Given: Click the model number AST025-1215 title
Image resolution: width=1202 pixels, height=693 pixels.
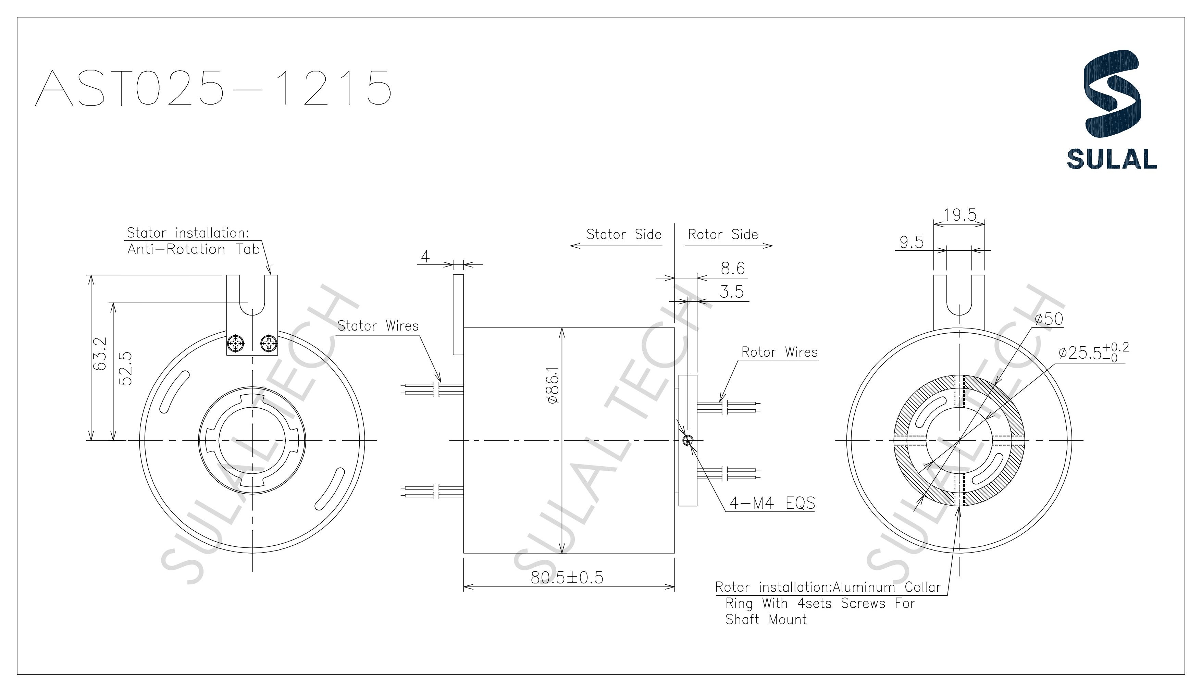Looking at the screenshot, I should click(x=213, y=88).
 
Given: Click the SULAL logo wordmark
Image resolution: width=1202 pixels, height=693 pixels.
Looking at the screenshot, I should click(x=1112, y=159).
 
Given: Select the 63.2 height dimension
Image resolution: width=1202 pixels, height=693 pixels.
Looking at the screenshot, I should click(x=100, y=355).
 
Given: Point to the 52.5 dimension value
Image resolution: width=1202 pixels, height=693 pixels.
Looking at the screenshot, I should click(x=125, y=369).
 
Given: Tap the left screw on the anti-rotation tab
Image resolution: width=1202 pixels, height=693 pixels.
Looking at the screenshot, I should click(x=236, y=343).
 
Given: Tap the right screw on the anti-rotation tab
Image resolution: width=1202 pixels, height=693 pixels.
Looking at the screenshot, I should click(x=269, y=343).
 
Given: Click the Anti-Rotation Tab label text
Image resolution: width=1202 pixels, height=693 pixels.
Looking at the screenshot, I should click(x=193, y=249).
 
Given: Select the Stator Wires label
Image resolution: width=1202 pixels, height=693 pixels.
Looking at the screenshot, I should click(x=378, y=326).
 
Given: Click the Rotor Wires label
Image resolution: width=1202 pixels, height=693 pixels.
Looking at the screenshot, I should click(x=779, y=352).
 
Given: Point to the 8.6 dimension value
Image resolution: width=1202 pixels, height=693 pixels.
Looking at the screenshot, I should click(x=732, y=269).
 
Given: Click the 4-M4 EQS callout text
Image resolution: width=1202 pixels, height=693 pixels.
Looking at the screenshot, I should click(x=772, y=503).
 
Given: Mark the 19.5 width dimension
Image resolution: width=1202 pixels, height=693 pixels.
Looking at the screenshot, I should click(x=960, y=215).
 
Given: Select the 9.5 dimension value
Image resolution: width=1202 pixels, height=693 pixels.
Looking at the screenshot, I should click(x=911, y=243).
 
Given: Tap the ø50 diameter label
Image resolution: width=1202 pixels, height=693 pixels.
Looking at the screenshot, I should click(x=1049, y=319).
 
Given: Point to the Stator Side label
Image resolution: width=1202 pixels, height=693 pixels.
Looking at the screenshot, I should click(x=623, y=235).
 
